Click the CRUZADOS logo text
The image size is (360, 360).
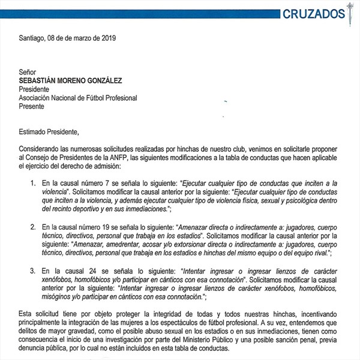click(x=313, y=13)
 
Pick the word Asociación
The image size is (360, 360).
click(x=39, y=98)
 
